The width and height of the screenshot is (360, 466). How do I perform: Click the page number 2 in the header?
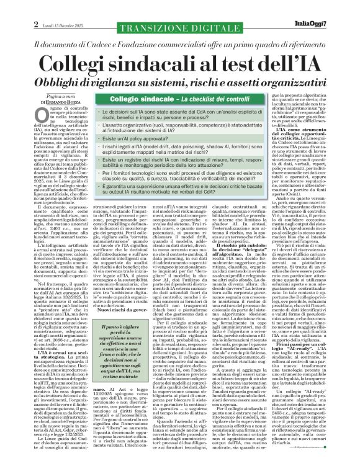11,7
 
